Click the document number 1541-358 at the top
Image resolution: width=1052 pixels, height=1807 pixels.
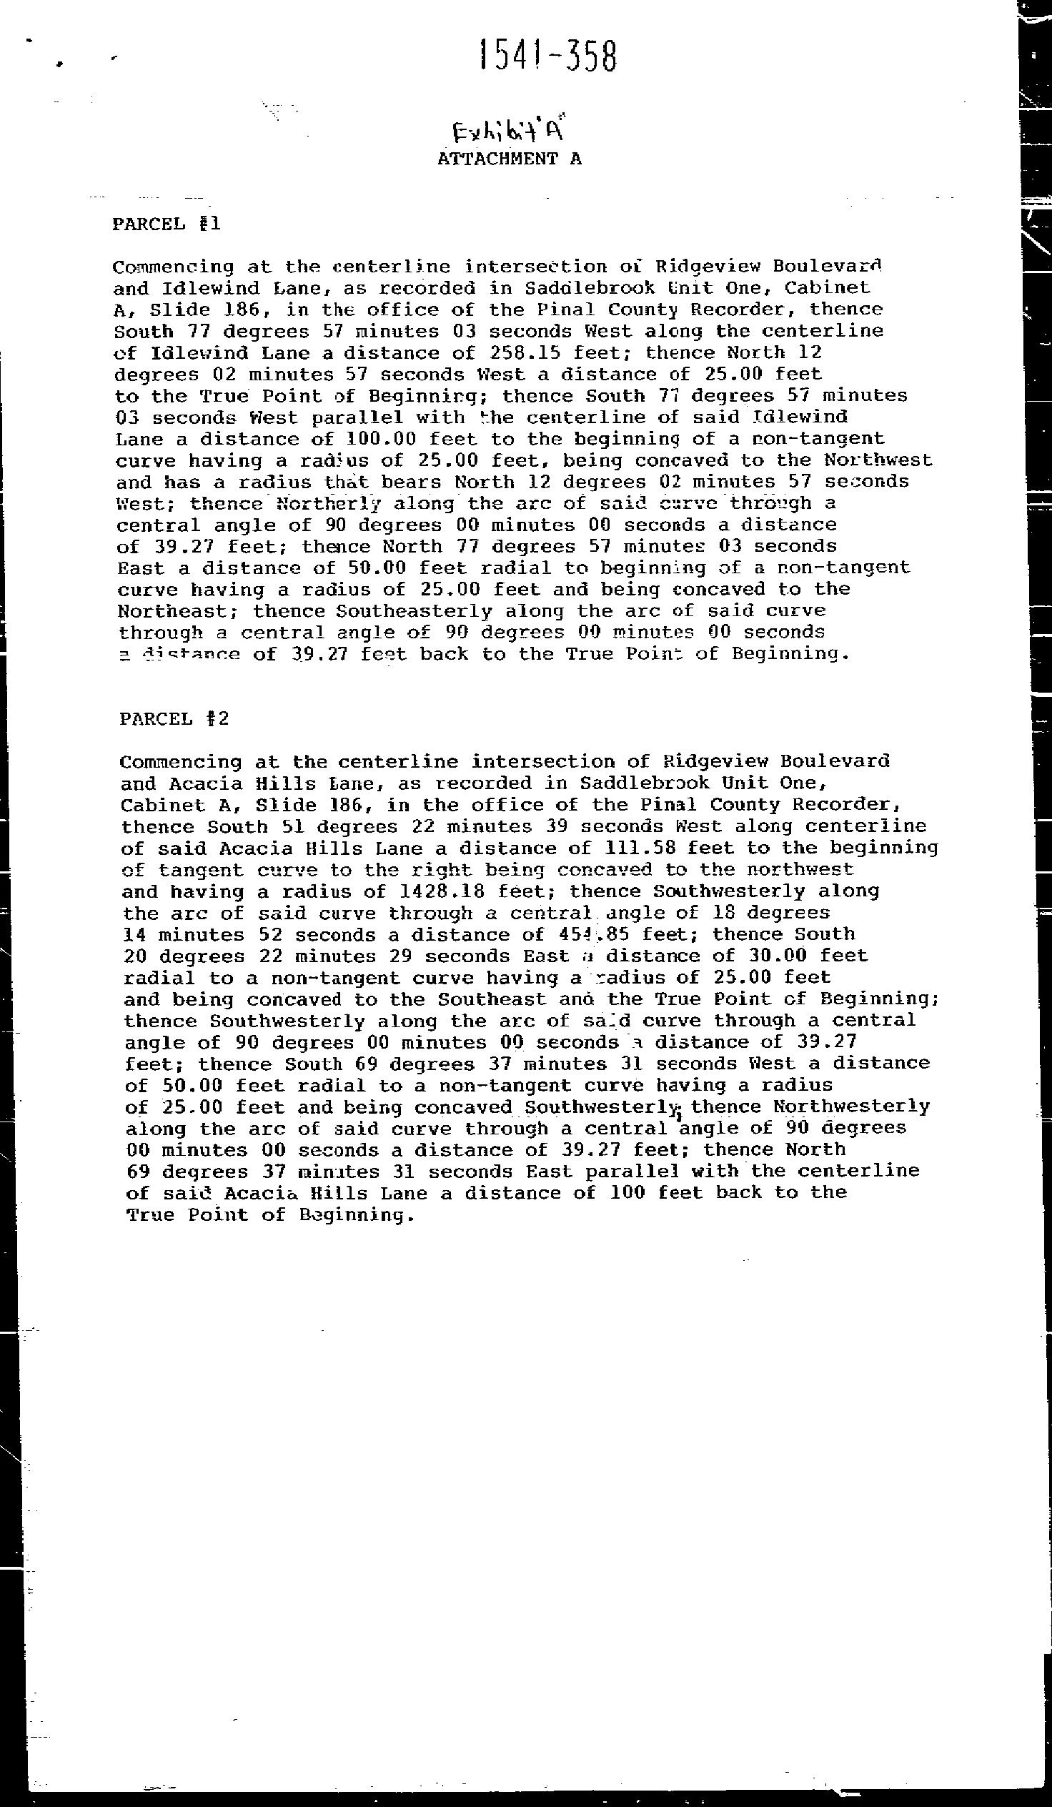click(547, 56)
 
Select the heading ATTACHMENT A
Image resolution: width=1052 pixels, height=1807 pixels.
click(509, 159)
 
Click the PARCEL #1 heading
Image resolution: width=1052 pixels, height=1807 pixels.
click(167, 224)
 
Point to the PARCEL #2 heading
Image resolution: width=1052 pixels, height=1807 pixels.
click(174, 718)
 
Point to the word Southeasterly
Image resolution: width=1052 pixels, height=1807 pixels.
click(414, 611)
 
